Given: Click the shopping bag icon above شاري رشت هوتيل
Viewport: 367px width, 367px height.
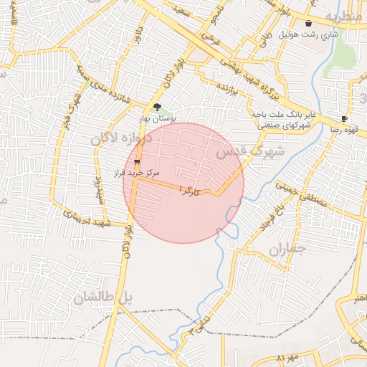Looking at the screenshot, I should click(x=309, y=24).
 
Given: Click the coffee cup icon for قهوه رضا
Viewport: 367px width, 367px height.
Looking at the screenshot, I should click(x=344, y=118).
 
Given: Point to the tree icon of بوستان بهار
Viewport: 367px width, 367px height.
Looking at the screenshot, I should click(x=158, y=108).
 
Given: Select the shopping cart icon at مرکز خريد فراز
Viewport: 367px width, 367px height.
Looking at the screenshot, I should click(x=136, y=163).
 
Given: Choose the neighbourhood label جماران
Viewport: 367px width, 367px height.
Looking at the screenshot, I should click(x=287, y=251).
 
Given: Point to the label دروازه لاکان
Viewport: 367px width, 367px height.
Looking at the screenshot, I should click(x=121, y=137).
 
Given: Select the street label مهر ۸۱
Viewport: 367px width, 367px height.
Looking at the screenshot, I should click(x=286, y=358).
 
